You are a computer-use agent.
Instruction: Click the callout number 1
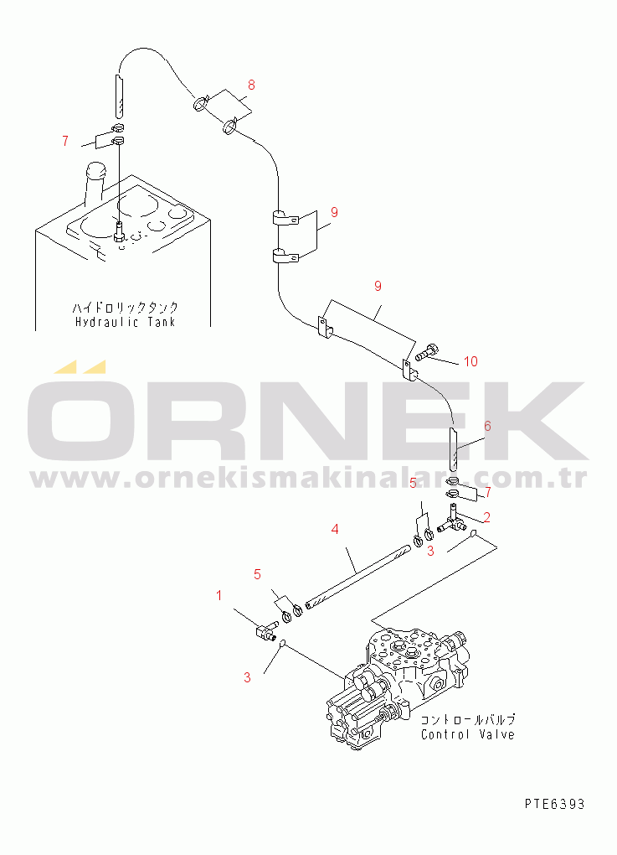pyautogui.click(x=219, y=596)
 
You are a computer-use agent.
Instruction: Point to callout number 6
pyautogui.click(x=486, y=426)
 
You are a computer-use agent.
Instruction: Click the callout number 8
pyautogui.click(x=251, y=85)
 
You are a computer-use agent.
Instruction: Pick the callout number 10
pyautogui.click(x=470, y=361)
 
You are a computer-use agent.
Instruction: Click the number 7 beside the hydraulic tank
pyautogui.click(x=65, y=141)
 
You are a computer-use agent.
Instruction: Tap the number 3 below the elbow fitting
pyautogui.click(x=248, y=677)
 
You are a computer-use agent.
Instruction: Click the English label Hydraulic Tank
pyautogui.click(x=126, y=322)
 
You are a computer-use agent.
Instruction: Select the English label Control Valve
pyautogui.click(x=467, y=734)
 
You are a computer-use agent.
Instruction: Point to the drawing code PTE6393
pyautogui.click(x=555, y=804)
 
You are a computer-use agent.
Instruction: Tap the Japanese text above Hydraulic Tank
pyautogui.click(x=126, y=308)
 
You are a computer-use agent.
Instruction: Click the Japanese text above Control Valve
pyautogui.click(x=467, y=719)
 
